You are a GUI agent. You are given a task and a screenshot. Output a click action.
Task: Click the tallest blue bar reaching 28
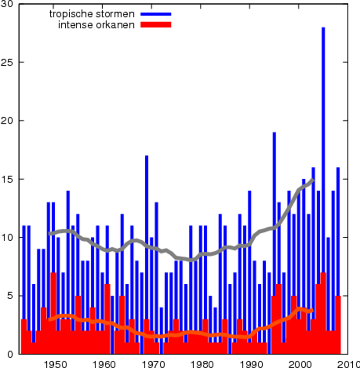click(x=323, y=145)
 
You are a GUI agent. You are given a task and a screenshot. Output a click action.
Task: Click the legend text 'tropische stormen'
click(x=91, y=14)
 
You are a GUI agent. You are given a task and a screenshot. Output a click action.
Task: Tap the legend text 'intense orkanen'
click(x=96, y=25)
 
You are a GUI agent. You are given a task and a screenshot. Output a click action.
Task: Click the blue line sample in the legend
click(x=155, y=14)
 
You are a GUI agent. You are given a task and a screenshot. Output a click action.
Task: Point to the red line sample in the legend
click(x=155, y=25)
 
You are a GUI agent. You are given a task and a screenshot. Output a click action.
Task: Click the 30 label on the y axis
click(x=8, y=4)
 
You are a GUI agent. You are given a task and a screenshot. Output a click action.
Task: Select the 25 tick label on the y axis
click(x=8, y=62)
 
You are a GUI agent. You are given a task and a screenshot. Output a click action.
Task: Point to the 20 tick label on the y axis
click(x=8, y=121)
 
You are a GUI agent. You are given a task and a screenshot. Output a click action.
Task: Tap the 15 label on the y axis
click(x=8, y=179)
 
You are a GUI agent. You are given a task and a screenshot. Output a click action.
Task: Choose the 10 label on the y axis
click(x=8, y=237)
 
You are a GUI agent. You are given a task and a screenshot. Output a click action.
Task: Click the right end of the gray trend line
click(x=313, y=180)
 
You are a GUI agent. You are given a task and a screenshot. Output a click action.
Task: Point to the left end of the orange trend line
click(x=50, y=319)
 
